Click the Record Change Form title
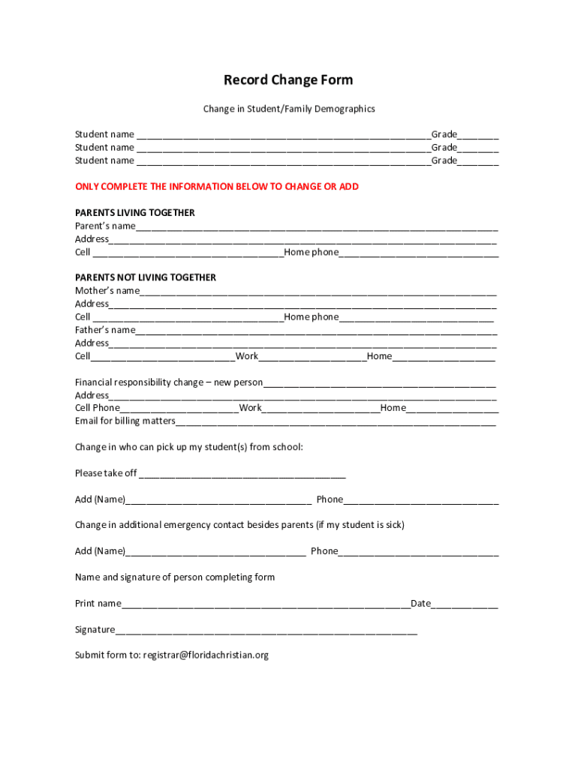[288, 80]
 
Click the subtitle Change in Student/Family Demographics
[288, 109]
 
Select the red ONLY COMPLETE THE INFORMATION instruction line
[217, 187]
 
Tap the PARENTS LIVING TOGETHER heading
[135, 213]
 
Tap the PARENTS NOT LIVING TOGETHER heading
[146, 277]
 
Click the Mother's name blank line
[318, 292]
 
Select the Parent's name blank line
[316, 227]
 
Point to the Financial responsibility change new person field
[379, 384]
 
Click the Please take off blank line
[242, 475]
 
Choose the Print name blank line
[266, 605]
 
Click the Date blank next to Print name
[465, 605]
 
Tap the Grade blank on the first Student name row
[478, 136]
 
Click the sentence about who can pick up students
[189, 448]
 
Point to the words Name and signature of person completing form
[175, 577]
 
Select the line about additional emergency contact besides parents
[239, 525]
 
